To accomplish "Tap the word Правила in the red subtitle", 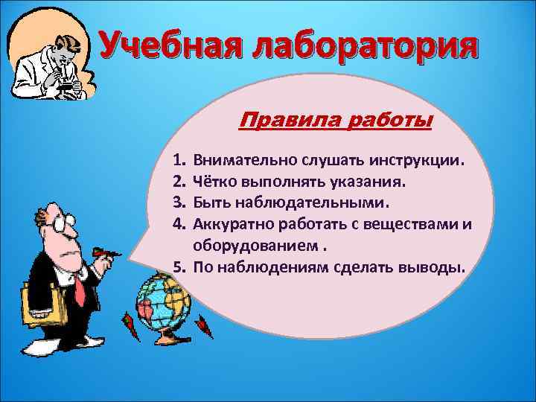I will click(x=281, y=121).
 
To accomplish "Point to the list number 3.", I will click(x=179, y=202).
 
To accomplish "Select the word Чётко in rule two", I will click(x=214, y=182).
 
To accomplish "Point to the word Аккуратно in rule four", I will click(x=231, y=223).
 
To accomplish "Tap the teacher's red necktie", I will click(x=80, y=284).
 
